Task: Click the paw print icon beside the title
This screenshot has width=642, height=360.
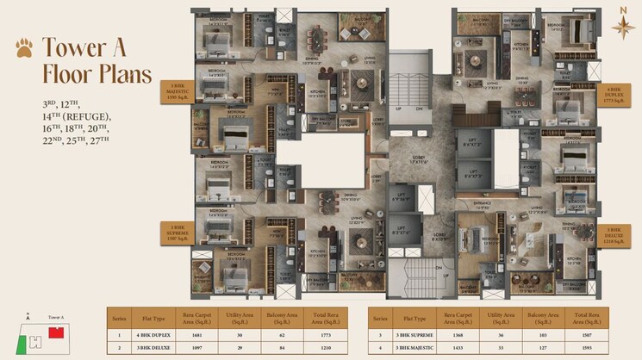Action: click(x=23, y=47)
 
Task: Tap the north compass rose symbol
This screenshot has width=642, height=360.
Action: click(x=622, y=26)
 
